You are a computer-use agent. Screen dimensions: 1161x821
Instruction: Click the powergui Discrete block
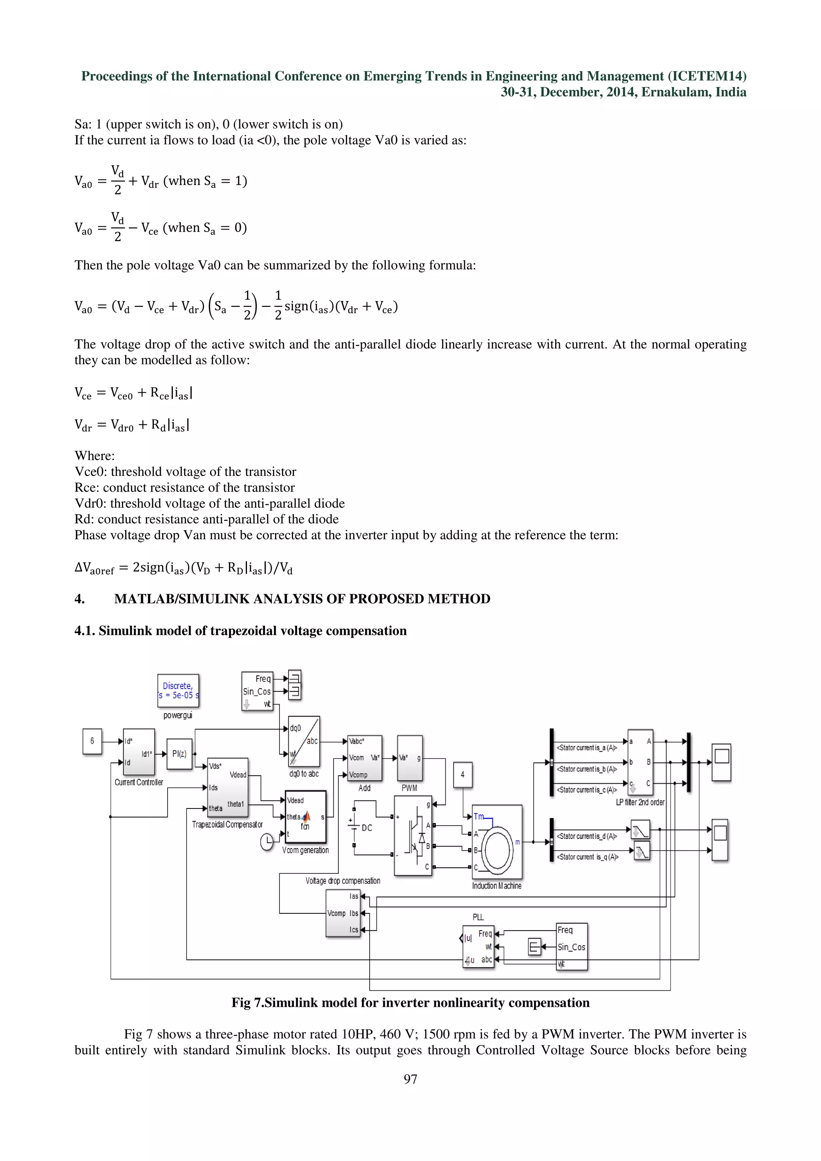[x=178, y=690]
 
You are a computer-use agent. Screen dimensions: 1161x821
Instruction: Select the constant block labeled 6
[x=92, y=741]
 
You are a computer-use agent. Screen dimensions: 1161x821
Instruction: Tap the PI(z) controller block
[x=179, y=754]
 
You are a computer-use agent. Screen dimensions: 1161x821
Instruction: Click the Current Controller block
[x=139, y=752]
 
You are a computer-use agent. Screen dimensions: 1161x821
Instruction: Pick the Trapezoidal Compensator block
[x=228, y=787]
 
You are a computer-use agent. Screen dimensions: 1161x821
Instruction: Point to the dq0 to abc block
[x=303, y=741]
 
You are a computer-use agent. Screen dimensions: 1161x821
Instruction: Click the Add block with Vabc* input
[x=364, y=758]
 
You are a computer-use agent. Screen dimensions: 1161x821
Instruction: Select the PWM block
[x=410, y=758]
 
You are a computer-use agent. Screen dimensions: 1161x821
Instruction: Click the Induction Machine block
[x=497, y=842]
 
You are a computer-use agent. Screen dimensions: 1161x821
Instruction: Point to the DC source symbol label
[x=367, y=828]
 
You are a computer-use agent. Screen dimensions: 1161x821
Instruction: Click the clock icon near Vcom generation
[x=267, y=842]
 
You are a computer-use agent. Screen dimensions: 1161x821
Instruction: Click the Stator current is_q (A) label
[x=587, y=857]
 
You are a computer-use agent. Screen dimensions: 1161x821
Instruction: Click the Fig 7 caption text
[x=410, y=1003]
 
